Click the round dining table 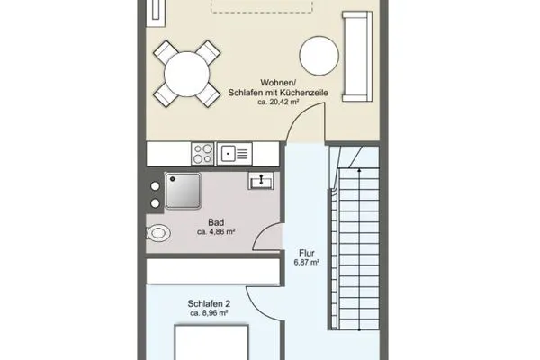pos(186,74)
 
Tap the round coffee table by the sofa pos(319,56)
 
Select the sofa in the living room pos(357,57)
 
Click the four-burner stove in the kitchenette pos(202,154)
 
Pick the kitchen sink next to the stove pos(235,154)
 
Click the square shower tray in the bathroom pos(184,191)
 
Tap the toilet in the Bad pos(158,233)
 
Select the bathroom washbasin pos(261,181)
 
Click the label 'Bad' pos(216,222)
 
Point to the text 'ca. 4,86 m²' pos(216,232)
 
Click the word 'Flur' pos(307,253)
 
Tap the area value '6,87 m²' pos(307,263)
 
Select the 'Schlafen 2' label pos(209,304)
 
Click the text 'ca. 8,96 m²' pos(209,313)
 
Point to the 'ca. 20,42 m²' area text pos(278,102)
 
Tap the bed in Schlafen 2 pos(211,342)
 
